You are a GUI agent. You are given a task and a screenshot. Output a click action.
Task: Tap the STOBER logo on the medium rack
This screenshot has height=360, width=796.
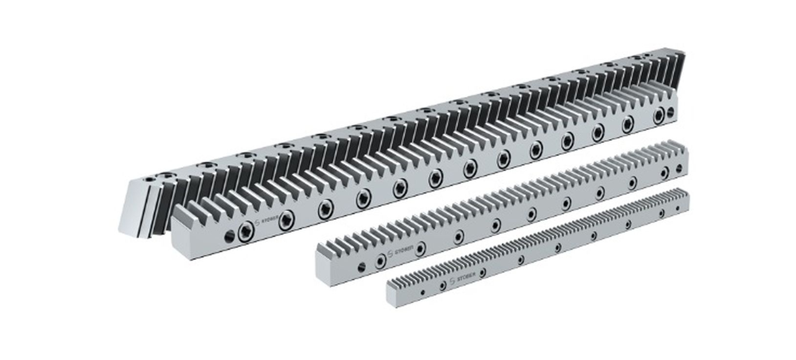click(x=403, y=249)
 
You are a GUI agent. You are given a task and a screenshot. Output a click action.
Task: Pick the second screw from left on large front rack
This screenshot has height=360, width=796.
click(x=285, y=223)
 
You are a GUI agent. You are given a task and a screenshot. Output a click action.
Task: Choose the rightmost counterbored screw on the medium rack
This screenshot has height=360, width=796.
click(x=665, y=172)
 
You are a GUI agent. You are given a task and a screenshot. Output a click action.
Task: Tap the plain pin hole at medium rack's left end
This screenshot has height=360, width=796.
click(x=361, y=267)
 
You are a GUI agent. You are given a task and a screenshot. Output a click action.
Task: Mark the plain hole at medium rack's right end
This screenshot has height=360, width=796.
click(x=679, y=168)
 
